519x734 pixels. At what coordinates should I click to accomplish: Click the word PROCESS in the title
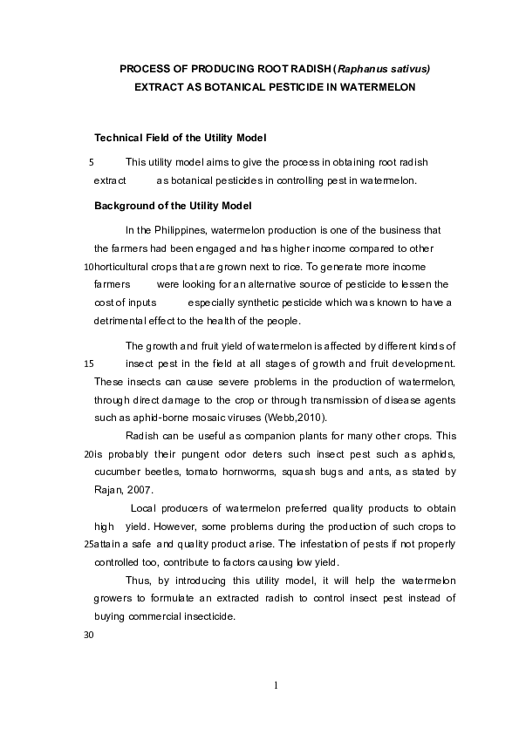coord(144,68)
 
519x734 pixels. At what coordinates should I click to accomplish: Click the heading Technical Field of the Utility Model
coord(180,139)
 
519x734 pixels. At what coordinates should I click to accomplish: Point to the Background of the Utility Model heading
coord(173,206)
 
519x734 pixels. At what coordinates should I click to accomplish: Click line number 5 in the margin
coord(92,162)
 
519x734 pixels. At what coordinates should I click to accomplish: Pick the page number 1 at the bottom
coord(276,685)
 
